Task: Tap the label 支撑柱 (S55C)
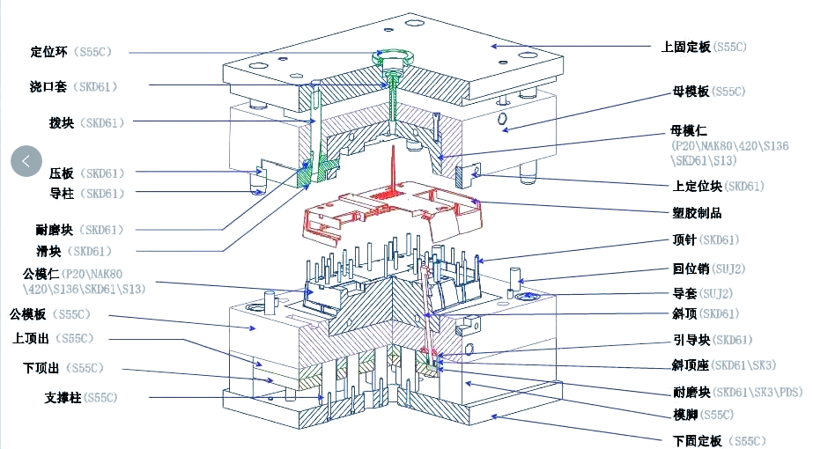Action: pyautogui.click(x=80, y=398)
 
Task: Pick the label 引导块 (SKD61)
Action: pyautogui.click(x=712, y=341)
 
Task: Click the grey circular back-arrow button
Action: pyautogui.click(x=26, y=160)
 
